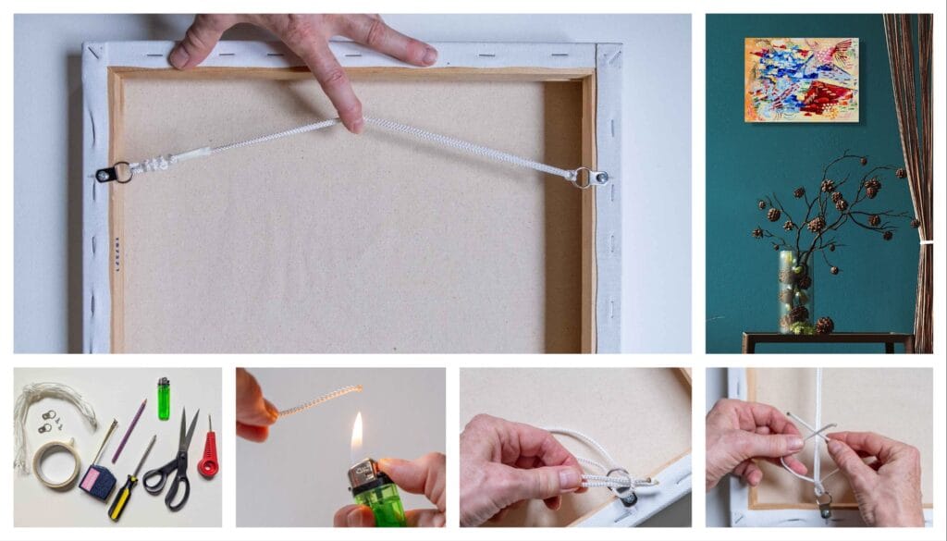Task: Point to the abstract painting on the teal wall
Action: [801, 80]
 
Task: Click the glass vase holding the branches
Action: [794, 290]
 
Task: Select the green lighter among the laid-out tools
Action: [164, 399]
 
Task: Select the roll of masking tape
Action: [56, 463]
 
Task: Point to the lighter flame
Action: [357, 433]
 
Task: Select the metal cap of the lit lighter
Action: [363, 473]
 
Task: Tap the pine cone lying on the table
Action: [823, 325]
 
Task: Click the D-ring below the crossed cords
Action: [821, 503]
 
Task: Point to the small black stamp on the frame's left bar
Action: [117, 252]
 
